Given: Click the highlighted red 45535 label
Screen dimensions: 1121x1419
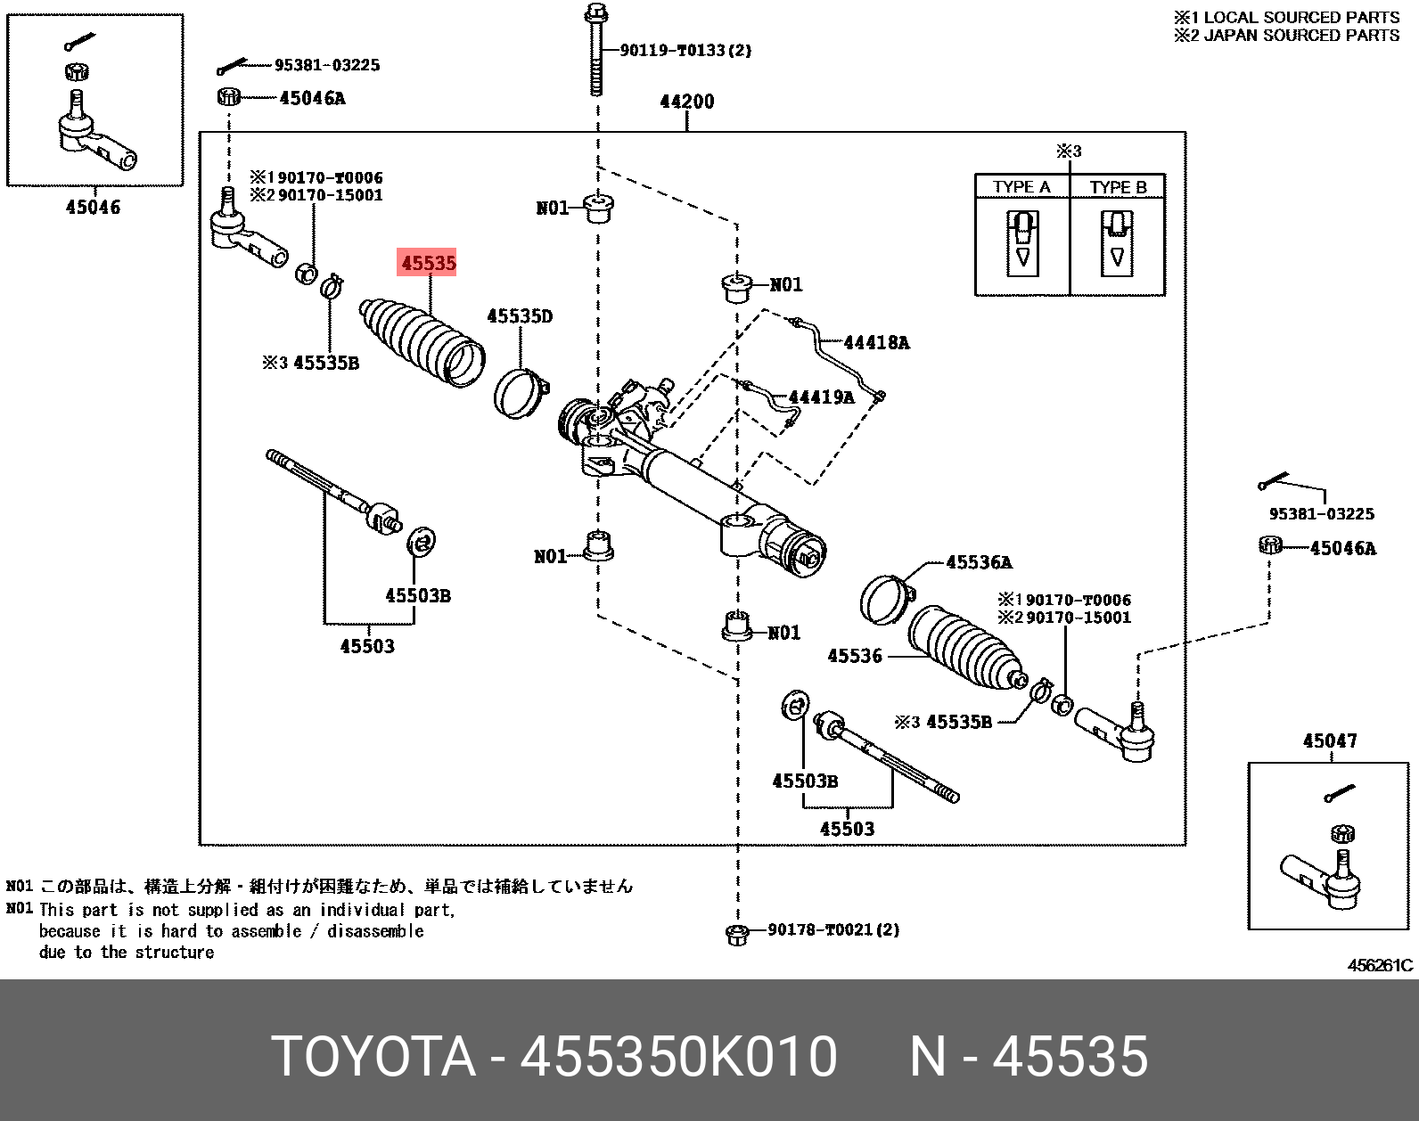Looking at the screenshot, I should pyautogui.click(x=428, y=263).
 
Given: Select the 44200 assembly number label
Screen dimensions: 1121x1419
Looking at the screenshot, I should pyautogui.click(x=686, y=102).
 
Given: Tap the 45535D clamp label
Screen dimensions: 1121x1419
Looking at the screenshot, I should pyautogui.click(x=520, y=316).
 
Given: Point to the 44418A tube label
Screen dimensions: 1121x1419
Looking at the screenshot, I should pyautogui.click(x=875, y=342).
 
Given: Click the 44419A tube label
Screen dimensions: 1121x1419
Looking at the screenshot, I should pyautogui.click(x=821, y=397).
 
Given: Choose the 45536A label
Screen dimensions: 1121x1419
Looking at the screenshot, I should pyautogui.click(x=979, y=562).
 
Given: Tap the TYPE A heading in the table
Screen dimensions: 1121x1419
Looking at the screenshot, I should pyautogui.click(x=1021, y=187).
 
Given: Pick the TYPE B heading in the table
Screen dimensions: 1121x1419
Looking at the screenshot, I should pyautogui.click(x=1118, y=187).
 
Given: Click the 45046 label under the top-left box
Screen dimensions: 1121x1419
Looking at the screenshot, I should pyautogui.click(x=93, y=208).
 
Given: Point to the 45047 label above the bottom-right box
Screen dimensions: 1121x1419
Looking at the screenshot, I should pyautogui.click(x=1329, y=741).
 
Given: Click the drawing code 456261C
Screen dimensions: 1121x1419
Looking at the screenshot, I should pyautogui.click(x=1379, y=965).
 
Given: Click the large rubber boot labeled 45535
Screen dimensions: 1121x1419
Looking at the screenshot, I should pyautogui.click(x=422, y=343).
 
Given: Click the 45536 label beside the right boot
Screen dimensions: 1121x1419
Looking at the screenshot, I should pyautogui.click(x=854, y=656).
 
